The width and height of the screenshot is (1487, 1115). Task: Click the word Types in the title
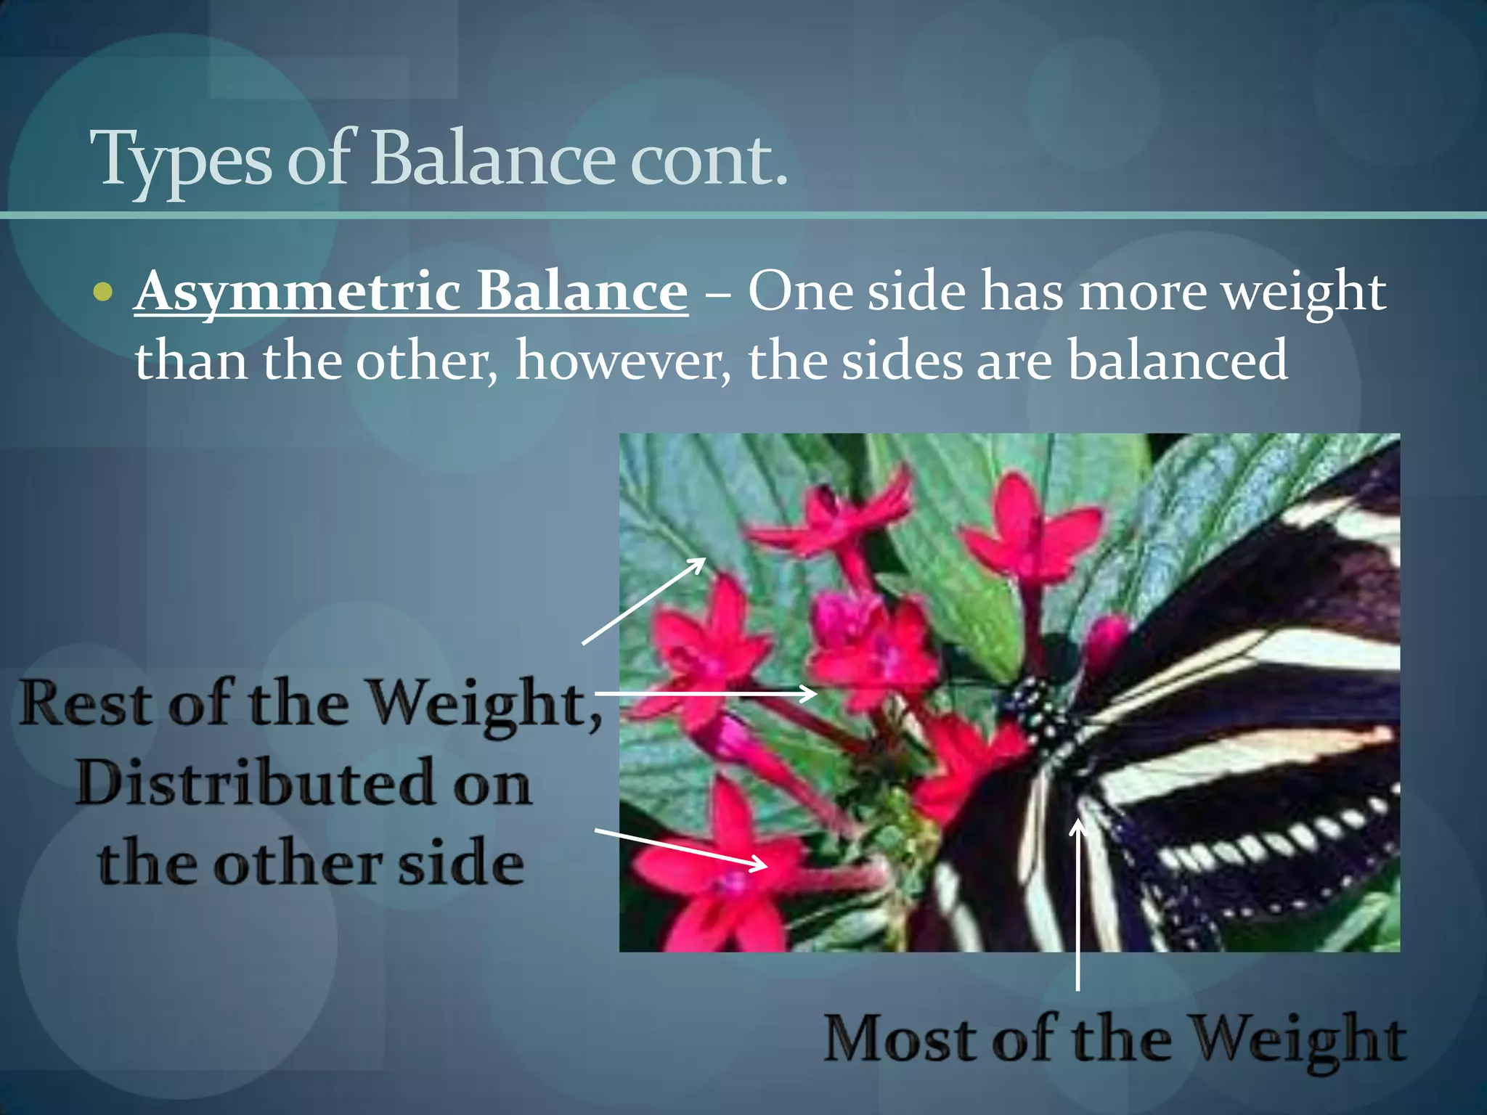[182, 160]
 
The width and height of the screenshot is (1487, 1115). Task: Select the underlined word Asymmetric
[298, 292]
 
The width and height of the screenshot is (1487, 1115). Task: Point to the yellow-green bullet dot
[104, 293]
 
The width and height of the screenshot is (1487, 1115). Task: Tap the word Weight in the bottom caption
[1300, 1041]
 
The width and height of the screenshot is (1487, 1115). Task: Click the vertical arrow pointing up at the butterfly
[1078, 907]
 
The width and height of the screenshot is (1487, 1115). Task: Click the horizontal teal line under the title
[743, 215]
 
